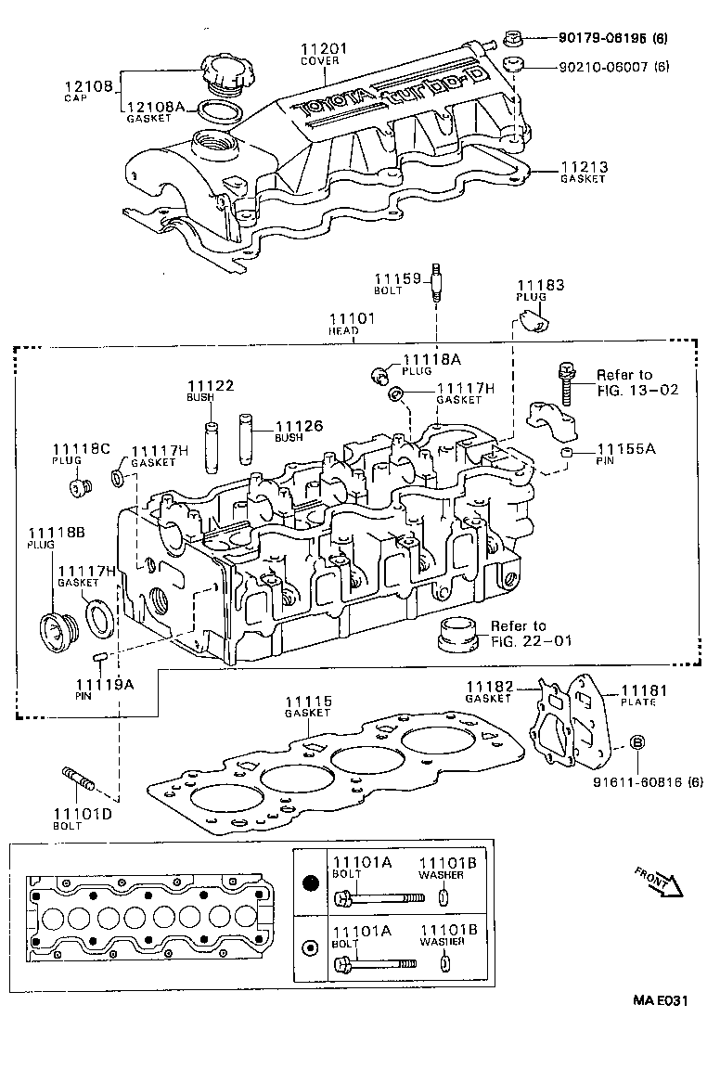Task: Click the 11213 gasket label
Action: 584,167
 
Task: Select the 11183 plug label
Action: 540,285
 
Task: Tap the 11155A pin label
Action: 626,448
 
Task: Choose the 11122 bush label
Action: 210,385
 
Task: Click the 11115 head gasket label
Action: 308,702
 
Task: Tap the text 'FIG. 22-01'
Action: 533,640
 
